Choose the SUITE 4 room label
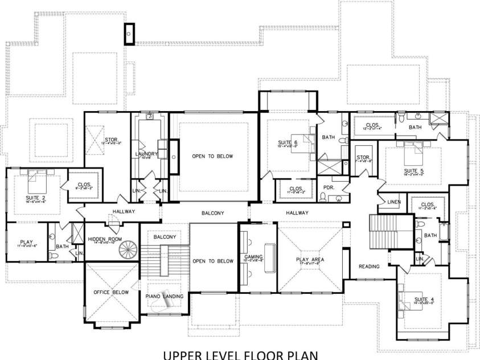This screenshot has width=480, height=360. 420,300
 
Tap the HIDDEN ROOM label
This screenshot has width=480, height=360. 105,239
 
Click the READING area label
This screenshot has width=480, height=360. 368,266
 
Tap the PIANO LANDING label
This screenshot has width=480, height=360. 164,296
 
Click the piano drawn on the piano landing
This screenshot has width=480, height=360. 162,306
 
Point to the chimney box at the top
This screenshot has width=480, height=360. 130,34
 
